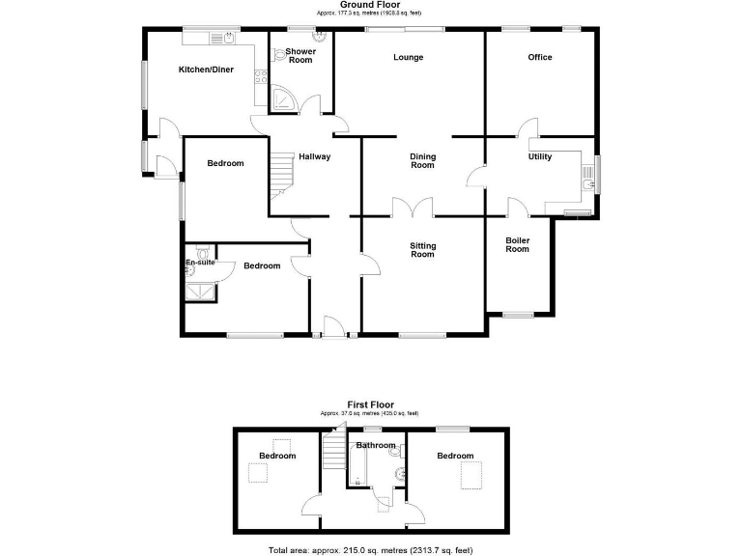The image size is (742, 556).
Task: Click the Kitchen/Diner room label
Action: tap(205, 69)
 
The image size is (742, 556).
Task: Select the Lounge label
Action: tap(408, 58)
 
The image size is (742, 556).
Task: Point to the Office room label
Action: tap(540, 58)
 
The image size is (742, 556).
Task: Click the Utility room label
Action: tap(540, 157)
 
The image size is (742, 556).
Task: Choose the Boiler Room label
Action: tap(518, 244)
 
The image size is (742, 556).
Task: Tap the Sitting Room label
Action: tap(423, 250)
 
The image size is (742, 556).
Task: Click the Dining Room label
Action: tap(423, 160)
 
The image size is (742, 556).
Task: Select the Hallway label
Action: tap(314, 157)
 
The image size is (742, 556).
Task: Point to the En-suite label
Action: tap(200, 262)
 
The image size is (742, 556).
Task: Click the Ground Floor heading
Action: tap(370, 6)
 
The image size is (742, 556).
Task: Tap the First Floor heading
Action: tap(370, 405)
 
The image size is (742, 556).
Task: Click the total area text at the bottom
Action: tap(370, 550)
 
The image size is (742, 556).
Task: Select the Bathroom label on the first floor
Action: tap(375, 446)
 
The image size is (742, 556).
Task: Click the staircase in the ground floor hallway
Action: tap(280, 179)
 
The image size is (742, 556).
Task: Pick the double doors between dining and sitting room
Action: tap(413, 208)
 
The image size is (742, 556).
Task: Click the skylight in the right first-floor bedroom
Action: tap(472, 476)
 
